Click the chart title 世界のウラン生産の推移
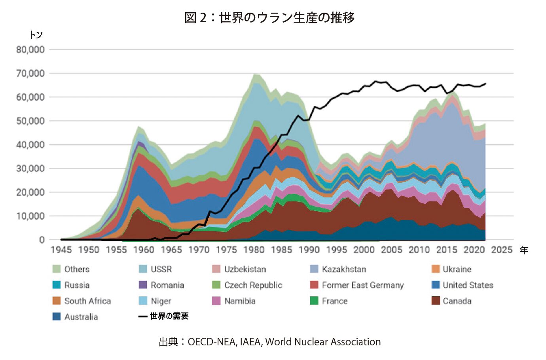269,17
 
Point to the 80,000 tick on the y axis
30,50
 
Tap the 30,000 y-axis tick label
30,169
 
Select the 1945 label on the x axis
61,250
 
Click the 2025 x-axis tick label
502,250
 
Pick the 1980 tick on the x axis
254,250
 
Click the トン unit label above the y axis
36,35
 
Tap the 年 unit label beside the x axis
523,250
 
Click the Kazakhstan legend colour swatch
314,269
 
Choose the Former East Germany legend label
362,285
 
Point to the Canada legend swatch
436,301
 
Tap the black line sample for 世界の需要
143,316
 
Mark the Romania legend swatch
143,285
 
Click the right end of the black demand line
485,84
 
